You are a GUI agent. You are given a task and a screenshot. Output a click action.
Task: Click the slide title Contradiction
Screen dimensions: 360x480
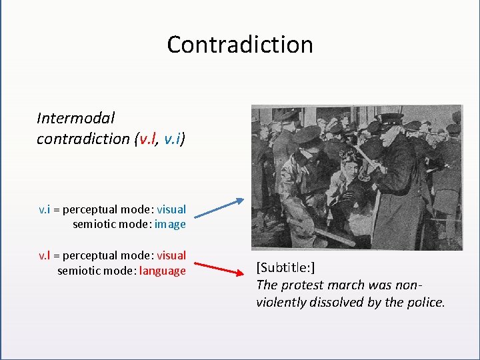(x=240, y=45)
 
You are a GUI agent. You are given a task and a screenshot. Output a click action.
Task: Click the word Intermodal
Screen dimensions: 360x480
(x=75, y=118)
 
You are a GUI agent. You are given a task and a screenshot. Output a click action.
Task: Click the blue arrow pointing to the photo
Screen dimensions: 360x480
(x=221, y=207)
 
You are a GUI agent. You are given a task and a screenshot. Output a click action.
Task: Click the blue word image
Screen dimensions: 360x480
(x=170, y=224)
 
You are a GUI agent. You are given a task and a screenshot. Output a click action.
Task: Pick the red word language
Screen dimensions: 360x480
(x=163, y=271)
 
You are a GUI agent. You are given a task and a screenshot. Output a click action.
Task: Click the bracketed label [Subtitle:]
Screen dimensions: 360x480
(x=285, y=268)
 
